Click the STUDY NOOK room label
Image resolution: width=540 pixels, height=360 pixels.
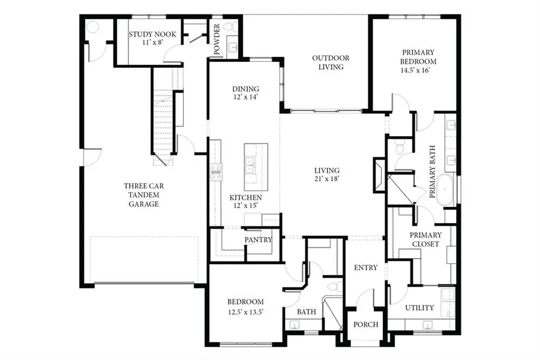pyautogui.click(x=153, y=35)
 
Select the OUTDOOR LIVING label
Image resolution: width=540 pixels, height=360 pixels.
pyautogui.click(x=331, y=62)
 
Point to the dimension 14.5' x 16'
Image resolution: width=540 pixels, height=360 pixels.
pyautogui.click(x=419, y=70)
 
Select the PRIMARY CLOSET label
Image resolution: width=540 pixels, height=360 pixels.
pyautogui.click(x=425, y=239)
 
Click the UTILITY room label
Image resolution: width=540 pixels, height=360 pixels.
pyautogui.click(x=419, y=308)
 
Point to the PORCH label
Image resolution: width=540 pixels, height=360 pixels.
pyautogui.click(x=366, y=325)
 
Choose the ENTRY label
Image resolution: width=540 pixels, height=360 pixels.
pyautogui.click(x=365, y=268)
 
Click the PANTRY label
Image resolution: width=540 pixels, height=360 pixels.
pyautogui.click(x=259, y=240)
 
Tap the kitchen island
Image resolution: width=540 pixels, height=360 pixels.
pyautogui.click(x=256, y=166)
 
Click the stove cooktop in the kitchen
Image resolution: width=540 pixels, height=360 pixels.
pyautogui.click(x=216, y=172)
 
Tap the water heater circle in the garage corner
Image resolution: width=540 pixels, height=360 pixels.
pyautogui.click(x=92, y=28)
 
